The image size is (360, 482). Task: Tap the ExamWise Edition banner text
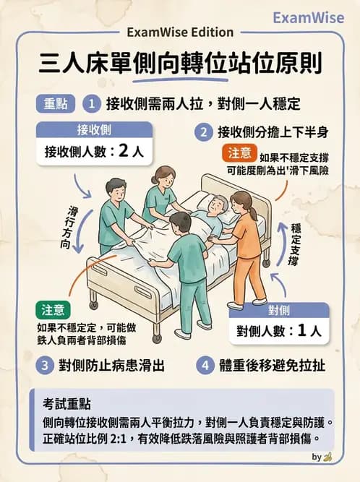pyautogui.click(x=180, y=32)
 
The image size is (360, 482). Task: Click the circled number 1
pyautogui.click(x=92, y=103)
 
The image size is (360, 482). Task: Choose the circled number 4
pyautogui.click(x=206, y=365)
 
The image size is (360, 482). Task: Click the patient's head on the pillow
pyautogui.click(x=215, y=206)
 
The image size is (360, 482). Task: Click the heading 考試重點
pyautogui.click(x=61, y=401)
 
